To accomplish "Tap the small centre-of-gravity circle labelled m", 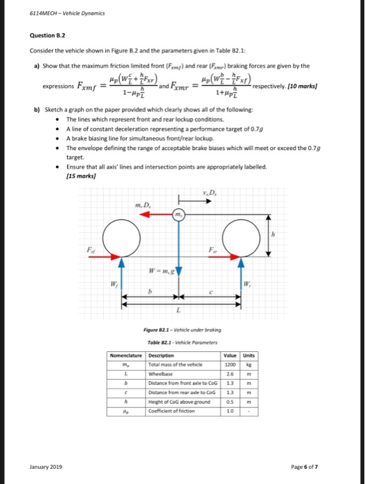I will (x=177, y=215).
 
